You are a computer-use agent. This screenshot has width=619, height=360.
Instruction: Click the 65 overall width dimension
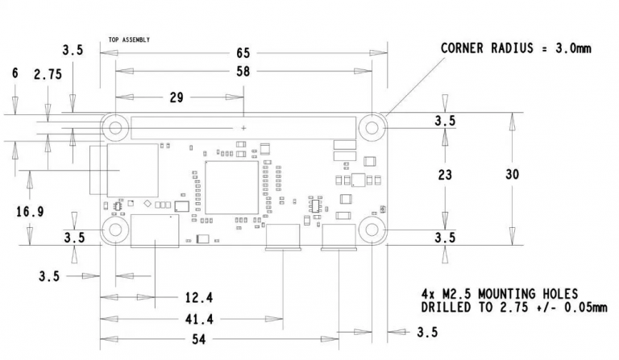[243, 53]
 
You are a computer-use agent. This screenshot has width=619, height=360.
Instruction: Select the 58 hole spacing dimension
[243, 72]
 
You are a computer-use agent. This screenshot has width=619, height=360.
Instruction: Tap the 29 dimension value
[177, 97]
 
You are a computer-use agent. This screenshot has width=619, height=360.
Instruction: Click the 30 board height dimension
[512, 174]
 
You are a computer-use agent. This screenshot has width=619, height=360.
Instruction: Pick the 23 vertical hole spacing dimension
[445, 175]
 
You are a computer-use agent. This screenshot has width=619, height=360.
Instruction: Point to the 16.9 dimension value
[30, 212]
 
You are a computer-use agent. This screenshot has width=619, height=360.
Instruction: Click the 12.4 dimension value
[199, 298]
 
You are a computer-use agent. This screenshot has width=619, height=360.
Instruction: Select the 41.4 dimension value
[199, 319]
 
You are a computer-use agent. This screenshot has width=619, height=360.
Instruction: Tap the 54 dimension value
[198, 339]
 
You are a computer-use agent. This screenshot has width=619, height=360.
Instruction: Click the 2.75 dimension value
[48, 74]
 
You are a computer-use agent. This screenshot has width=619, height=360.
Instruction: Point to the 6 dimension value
[15, 73]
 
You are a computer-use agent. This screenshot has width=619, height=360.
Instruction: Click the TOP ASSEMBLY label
[129, 39]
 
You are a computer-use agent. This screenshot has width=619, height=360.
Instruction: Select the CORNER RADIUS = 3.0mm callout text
[516, 48]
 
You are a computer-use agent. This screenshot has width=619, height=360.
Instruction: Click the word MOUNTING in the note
[501, 294]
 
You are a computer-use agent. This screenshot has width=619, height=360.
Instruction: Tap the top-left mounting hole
[115, 127]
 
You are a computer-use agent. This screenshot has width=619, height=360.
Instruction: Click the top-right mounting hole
[372, 127]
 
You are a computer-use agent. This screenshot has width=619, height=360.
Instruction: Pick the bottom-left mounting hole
[115, 230]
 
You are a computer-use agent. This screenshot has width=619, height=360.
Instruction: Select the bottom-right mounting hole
[372, 230]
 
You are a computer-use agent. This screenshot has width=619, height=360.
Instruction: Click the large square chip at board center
[232, 188]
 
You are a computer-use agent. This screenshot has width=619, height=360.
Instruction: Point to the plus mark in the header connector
[243, 128]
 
